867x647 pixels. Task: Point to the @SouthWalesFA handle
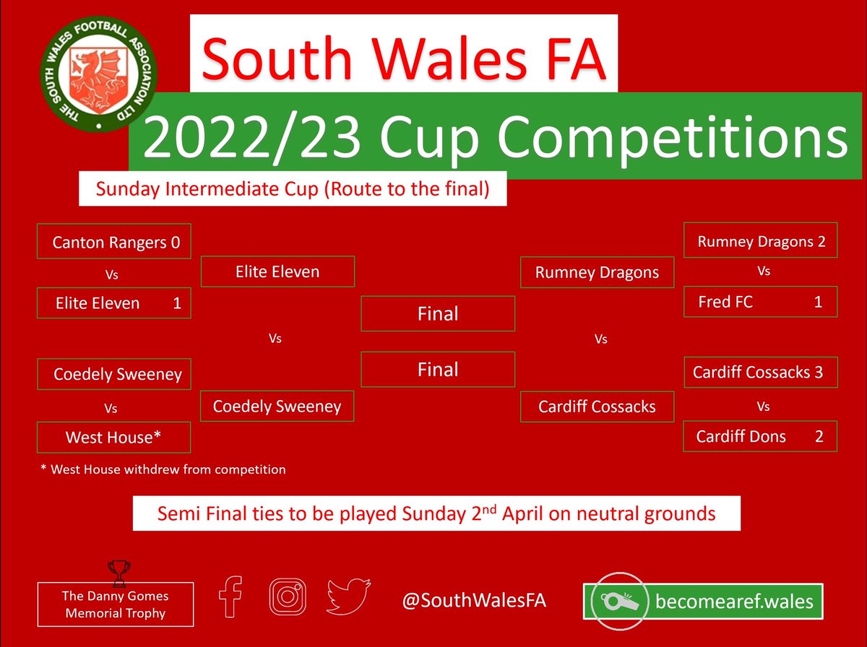click(x=475, y=601)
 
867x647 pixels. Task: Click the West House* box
click(x=113, y=438)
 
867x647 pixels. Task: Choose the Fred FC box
click(x=760, y=302)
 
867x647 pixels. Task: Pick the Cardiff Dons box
click(x=760, y=436)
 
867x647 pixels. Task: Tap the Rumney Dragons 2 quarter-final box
click(x=760, y=242)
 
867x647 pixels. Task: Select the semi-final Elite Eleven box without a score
click(x=277, y=272)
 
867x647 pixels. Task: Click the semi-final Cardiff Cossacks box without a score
click(x=598, y=407)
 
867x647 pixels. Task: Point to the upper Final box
click(x=438, y=314)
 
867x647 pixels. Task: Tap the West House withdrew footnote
click(x=163, y=469)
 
